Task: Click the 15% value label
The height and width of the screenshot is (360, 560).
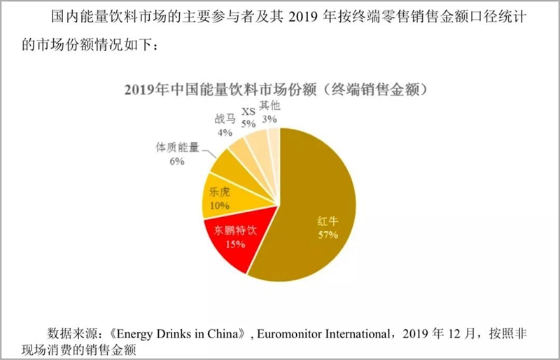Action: tap(234, 244)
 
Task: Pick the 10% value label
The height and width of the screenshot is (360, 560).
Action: tap(220, 206)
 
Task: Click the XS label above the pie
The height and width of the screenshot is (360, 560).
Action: tap(248, 111)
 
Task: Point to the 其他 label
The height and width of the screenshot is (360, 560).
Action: tap(269, 106)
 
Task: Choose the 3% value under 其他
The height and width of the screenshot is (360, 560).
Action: tap(269, 119)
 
